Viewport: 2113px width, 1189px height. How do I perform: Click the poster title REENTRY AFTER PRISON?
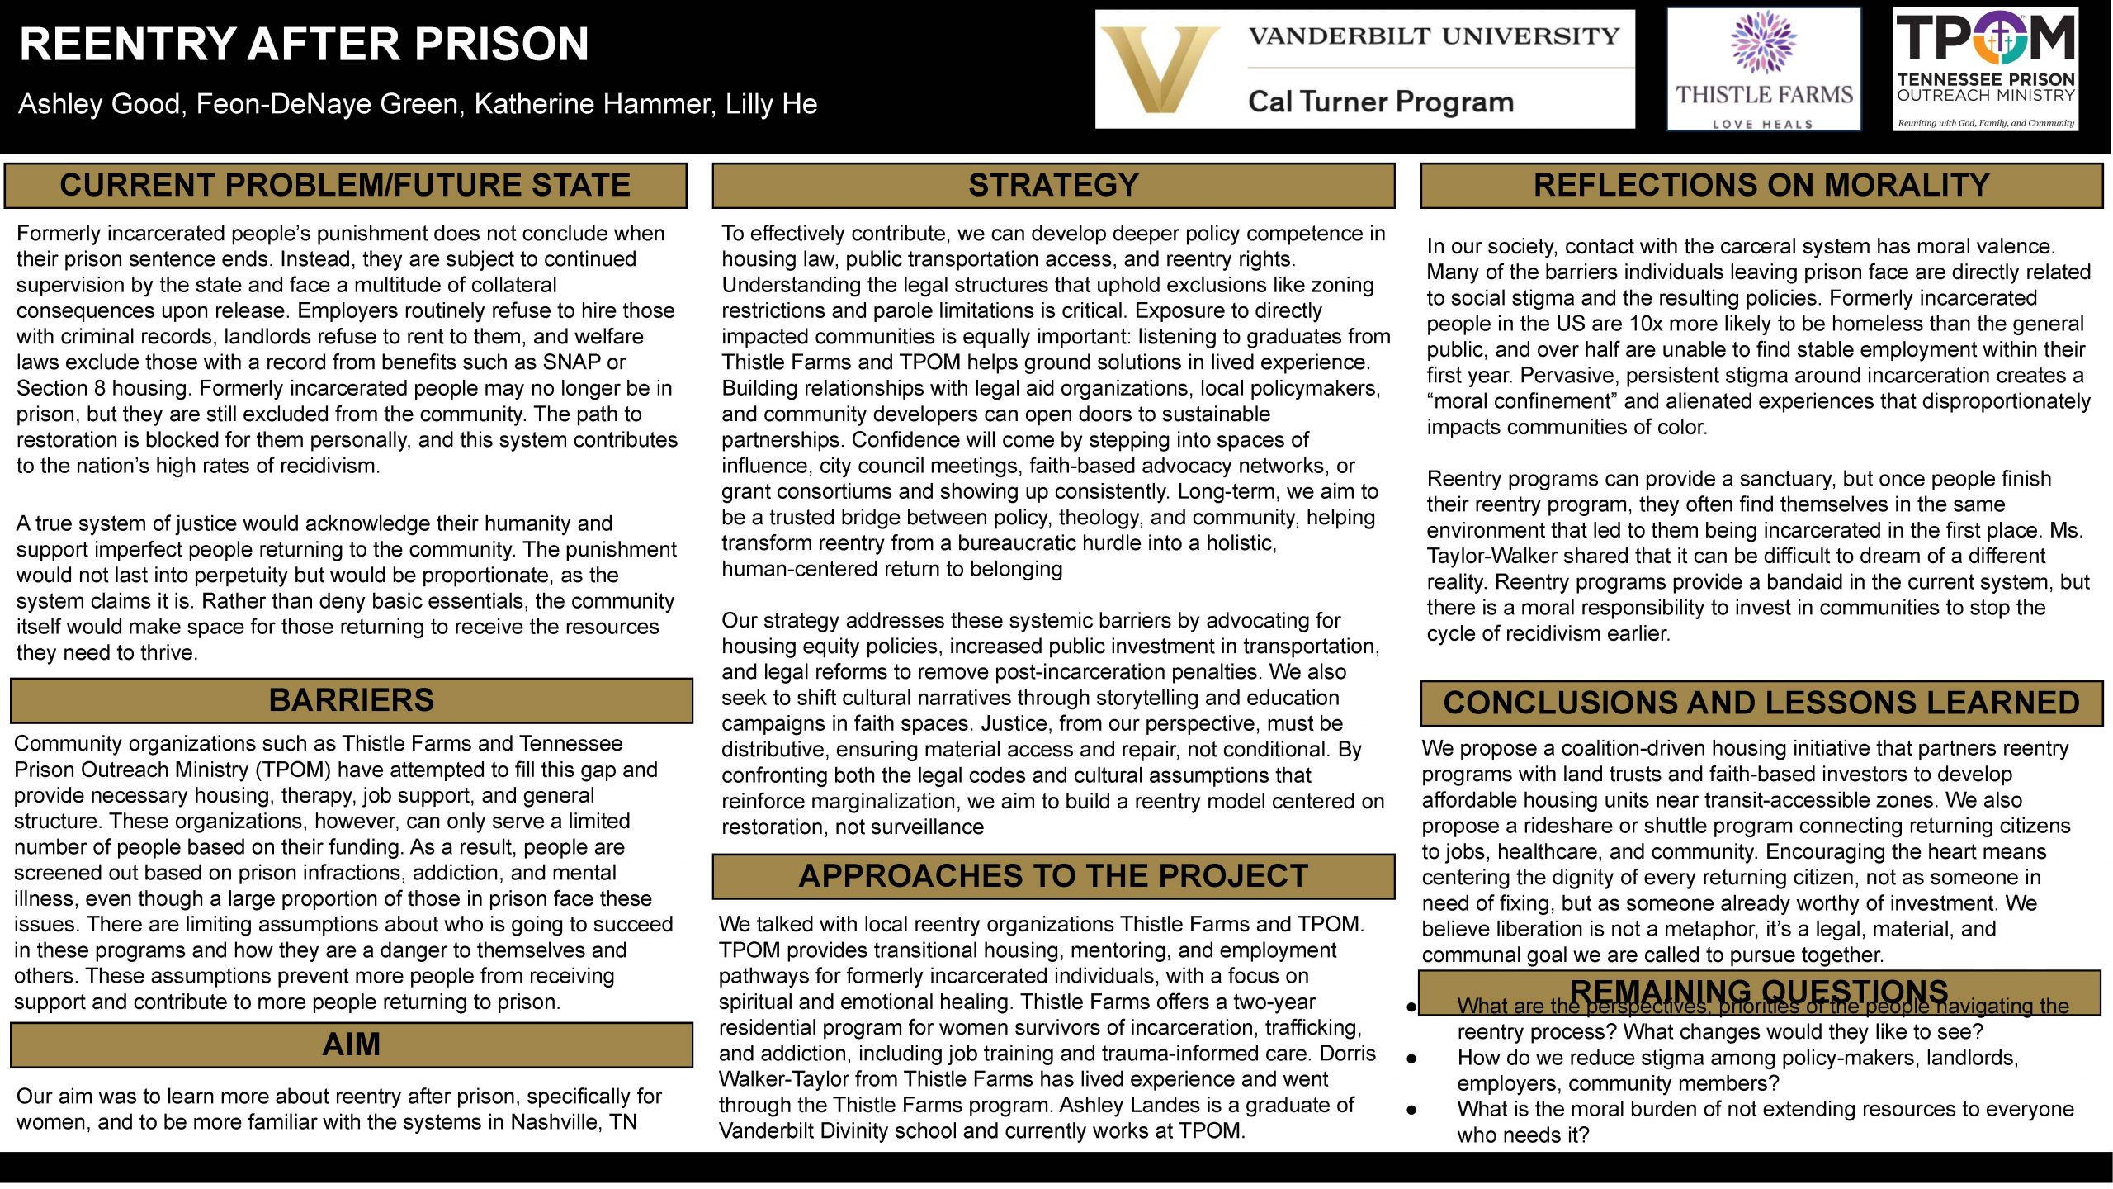304,45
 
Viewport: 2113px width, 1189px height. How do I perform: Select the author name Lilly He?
771,104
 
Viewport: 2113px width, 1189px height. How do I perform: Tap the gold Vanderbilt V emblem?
1160,69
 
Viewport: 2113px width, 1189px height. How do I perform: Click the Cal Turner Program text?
1381,102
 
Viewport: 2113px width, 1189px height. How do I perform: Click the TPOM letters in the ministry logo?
1985,38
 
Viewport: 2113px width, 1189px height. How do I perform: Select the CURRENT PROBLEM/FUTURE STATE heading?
345,185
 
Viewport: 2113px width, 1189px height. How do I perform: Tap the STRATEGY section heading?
1053,185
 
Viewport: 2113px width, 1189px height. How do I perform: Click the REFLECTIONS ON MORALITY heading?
1761,185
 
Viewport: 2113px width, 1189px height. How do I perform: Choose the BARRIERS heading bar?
352,700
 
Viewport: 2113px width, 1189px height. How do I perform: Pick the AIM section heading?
352,1045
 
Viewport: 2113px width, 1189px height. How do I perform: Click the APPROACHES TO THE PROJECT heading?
1053,876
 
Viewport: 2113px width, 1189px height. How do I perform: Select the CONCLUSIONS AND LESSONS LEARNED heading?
1761,703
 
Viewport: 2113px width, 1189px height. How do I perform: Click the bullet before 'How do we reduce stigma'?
1412,1059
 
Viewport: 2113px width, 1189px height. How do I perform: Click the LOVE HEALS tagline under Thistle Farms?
1763,125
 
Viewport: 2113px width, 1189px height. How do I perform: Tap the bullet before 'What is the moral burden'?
1412,1110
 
